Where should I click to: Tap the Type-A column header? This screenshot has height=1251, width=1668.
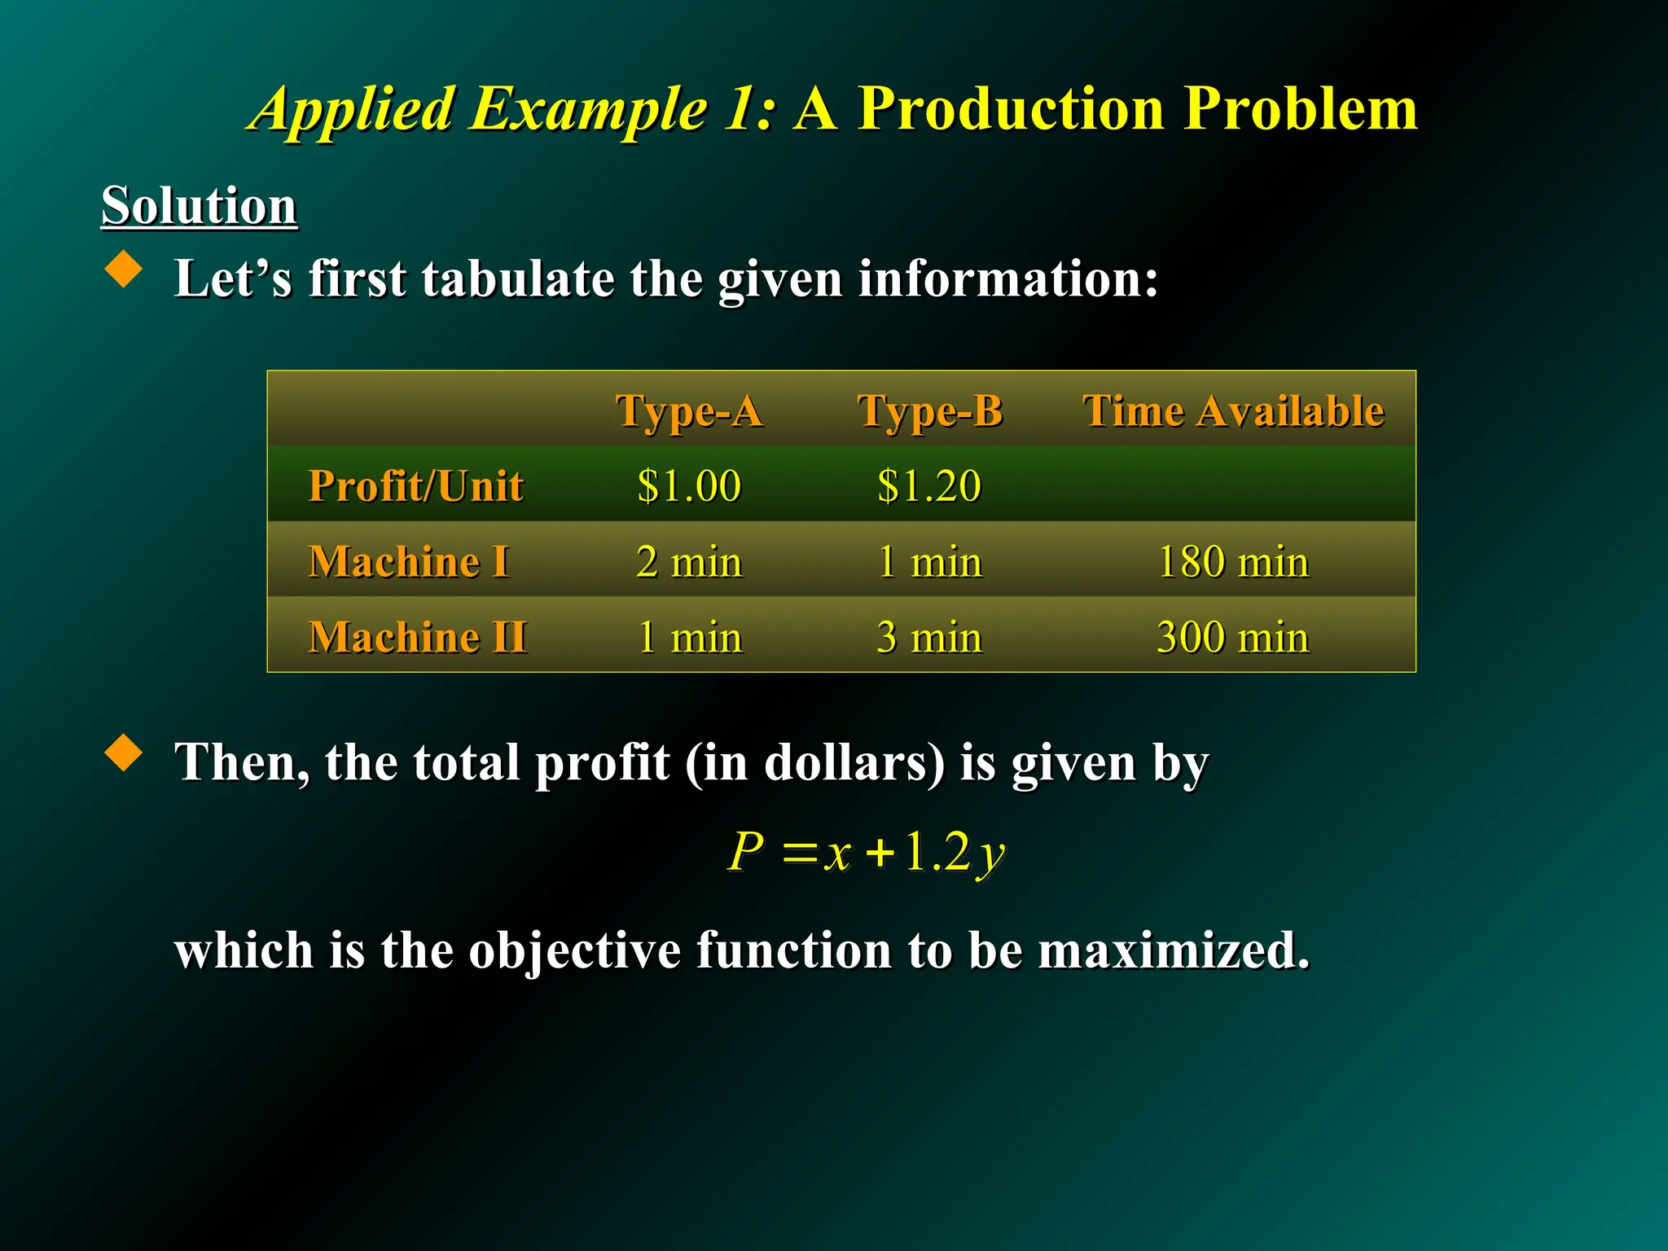(x=689, y=410)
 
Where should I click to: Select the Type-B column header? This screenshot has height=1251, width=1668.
(x=930, y=410)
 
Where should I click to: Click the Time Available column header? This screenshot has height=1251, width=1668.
(x=1233, y=410)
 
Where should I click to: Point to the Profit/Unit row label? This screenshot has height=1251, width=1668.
(x=415, y=486)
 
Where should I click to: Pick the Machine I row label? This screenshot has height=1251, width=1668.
(x=409, y=562)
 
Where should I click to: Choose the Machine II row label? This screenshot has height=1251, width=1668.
(x=418, y=637)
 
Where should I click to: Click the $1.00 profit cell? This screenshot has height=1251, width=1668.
(x=689, y=486)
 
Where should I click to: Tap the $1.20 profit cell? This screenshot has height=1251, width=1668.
(x=929, y=486)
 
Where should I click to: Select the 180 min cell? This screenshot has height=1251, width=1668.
(x=1233, y=562)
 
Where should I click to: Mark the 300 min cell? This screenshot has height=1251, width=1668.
(x=1233, y=637)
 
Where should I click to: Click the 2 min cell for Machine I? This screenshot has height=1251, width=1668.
(x=689, y=562)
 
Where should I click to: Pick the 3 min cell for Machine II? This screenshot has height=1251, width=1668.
(x=929, y=637)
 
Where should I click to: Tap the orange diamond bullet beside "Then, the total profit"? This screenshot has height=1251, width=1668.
(x=124, y=753)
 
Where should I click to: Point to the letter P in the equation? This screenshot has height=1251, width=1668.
(x=746, y=852)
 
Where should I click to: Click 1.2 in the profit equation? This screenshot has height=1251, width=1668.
(x=937, y=852)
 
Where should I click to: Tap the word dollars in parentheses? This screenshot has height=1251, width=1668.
(x=847, y=763)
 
